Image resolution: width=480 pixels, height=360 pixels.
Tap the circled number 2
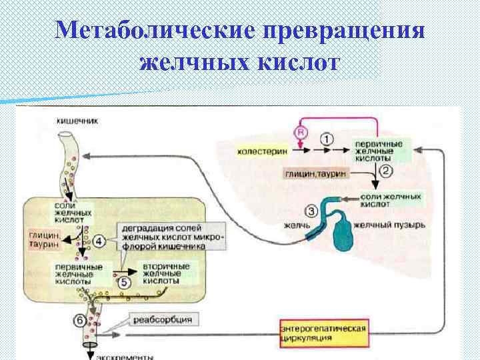[386, 171]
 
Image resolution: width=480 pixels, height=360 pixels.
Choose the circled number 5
[126, 281]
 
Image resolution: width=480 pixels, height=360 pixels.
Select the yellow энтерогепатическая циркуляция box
[323, 333]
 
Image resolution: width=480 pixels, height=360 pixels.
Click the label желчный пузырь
[389, 225]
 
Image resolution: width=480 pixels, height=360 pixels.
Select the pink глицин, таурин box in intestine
[46, 240]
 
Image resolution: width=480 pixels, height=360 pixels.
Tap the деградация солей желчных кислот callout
[172, 236]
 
